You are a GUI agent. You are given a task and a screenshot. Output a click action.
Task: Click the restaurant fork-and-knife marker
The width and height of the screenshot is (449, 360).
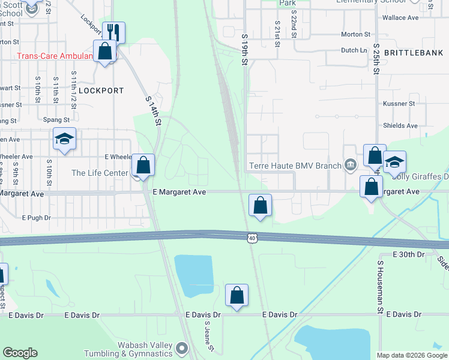tap(113, 32)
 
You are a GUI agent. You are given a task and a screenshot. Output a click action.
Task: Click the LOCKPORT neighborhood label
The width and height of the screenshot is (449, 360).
tap(101, 91)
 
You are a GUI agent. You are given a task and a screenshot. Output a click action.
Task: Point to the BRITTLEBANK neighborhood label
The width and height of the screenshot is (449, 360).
tap(414, 53)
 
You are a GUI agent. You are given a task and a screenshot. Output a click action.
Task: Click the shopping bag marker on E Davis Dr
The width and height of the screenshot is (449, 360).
tap(237, 295)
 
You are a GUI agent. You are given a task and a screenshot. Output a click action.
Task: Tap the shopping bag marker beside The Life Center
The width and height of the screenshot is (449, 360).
tap(143, 165)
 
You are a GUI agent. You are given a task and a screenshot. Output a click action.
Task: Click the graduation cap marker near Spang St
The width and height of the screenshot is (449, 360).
tap(64, 139)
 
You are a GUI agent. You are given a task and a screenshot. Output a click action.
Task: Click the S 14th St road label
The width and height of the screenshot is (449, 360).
tap(154, 111)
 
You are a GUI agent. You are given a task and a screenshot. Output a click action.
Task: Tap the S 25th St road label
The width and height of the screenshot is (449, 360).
tap(376, 58)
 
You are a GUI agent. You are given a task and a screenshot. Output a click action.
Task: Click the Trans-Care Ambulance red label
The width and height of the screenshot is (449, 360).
tap(54, 56)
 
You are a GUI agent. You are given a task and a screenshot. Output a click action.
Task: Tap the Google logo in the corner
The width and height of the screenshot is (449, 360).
tap(20, 353)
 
